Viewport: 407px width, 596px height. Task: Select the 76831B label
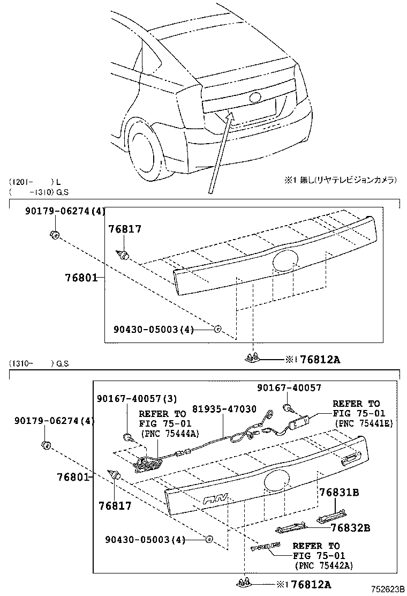pyautogui.click(x=339, y=491)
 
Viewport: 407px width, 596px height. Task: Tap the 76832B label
pyautogui.click(x=350, y=527)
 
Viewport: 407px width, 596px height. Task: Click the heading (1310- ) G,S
pyautogui.click(x=39, y=364)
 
